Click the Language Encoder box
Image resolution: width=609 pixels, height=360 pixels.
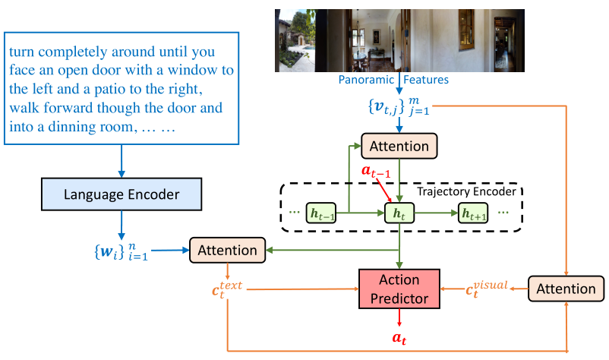(x=121, y=195)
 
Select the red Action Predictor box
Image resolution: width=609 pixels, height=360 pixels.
(x=399, y=289)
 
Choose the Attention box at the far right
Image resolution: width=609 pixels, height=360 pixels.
(x=566, y=288)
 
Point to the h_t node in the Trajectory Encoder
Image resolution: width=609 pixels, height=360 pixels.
(x=399, y=213)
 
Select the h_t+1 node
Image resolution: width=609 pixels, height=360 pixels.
(x=475, y=213)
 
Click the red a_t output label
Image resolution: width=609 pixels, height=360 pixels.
(x=399, y=338)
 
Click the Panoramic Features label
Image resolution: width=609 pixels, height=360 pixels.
(x=405, y=79)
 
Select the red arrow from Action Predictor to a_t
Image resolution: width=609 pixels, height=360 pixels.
(x=399, y=318)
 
